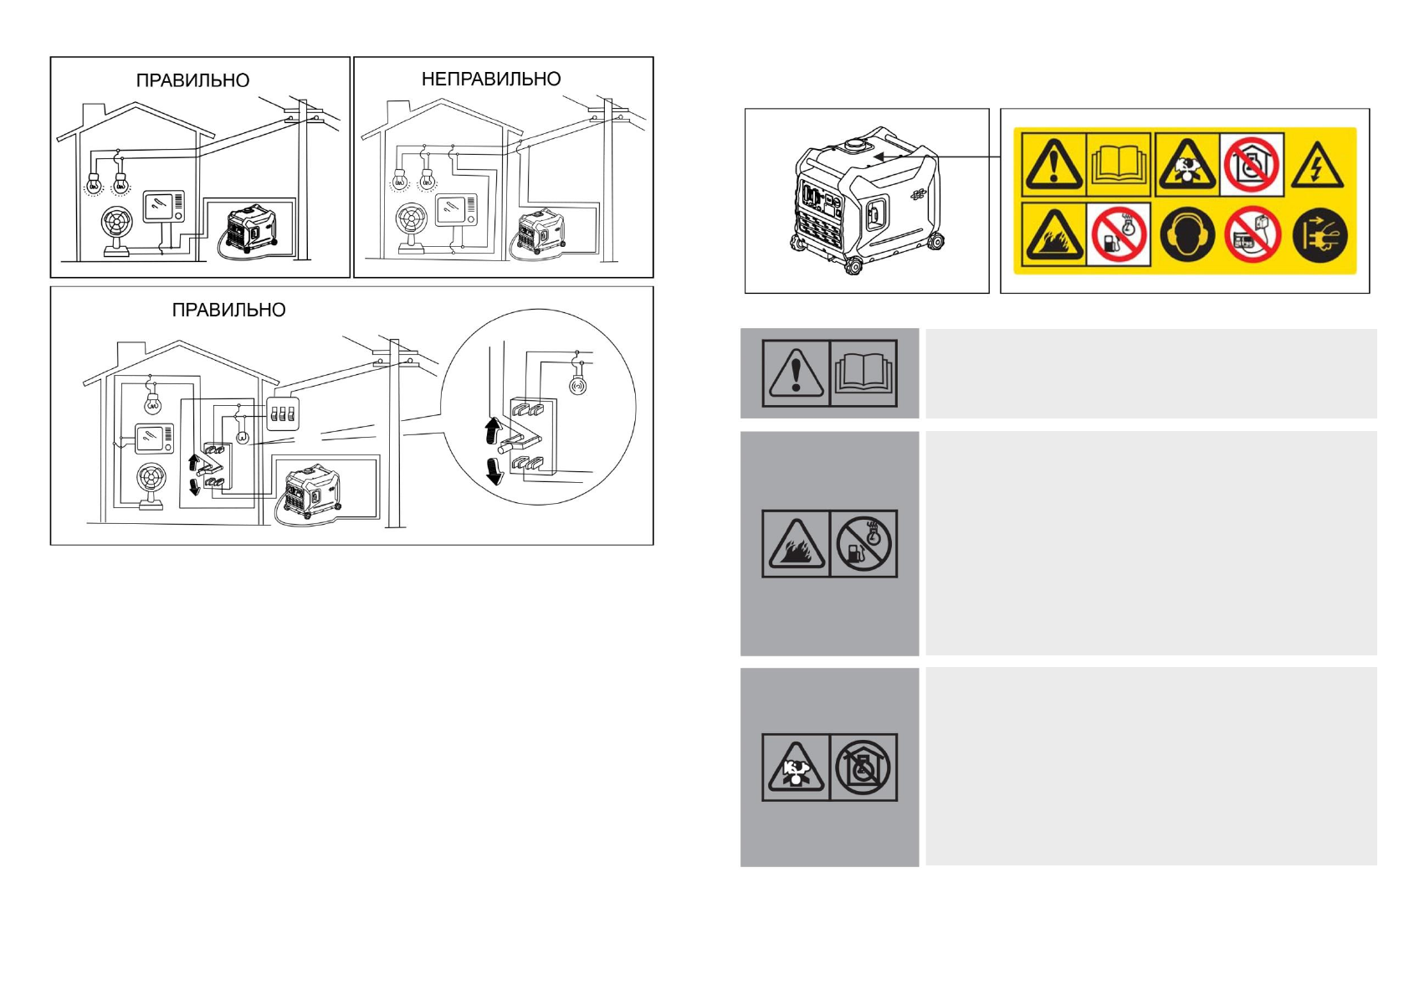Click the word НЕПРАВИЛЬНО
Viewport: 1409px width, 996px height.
click(491, 80)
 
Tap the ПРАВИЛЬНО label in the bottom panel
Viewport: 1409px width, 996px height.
click(228, 311)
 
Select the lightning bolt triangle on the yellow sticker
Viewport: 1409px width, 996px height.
click(1317, 165)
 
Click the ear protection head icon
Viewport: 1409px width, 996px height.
click(1186, 236)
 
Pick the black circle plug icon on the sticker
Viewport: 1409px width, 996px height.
click(1319, 236)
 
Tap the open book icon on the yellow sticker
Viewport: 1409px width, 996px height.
click(1120, 165)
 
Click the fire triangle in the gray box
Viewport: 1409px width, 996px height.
click(795, 544)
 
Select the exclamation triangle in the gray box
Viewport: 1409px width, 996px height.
click(795, 373)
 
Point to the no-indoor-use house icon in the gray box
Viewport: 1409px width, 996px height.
click(863, 768)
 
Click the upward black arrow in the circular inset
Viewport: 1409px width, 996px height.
click(493, 431)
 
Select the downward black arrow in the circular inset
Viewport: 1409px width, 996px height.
click(494, 471)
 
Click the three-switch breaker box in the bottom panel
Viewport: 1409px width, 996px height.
click(283, 413)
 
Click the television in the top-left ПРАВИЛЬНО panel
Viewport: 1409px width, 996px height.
click(163, 207)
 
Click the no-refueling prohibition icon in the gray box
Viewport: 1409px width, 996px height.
click(863, 544)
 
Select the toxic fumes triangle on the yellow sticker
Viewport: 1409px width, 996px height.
click(1186, 165)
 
